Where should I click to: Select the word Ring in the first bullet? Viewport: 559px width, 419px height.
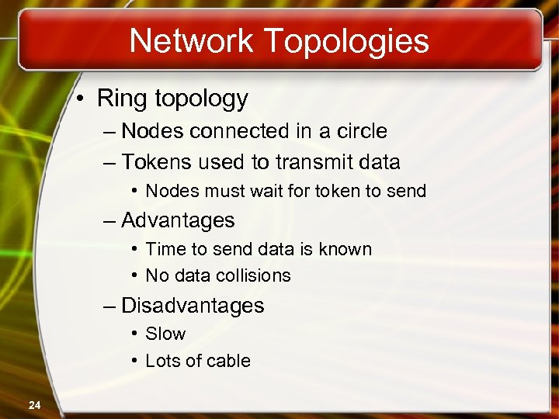tap(117, 99)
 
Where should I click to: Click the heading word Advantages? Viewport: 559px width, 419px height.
tap(178, 220)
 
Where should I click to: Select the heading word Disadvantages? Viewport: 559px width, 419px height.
tap(193, 306)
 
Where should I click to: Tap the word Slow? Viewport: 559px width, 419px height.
tap(165, 334)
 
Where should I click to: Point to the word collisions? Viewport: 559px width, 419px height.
tap(250, 275)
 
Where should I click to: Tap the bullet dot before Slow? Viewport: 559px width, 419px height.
tap(135, 334)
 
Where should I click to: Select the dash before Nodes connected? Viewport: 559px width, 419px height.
tap(109, 131)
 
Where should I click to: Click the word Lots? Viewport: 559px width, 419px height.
tap(164, 361)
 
